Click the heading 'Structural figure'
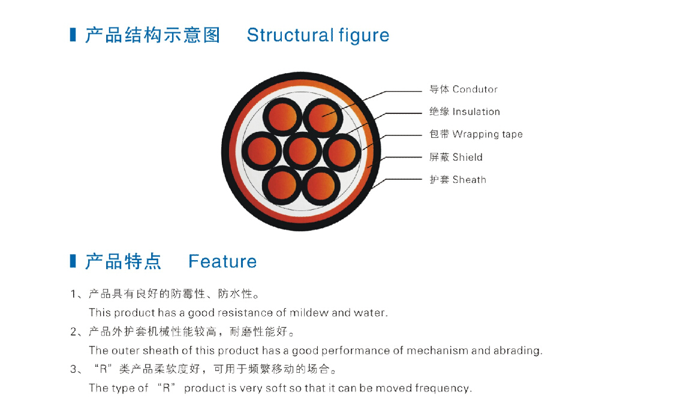318,35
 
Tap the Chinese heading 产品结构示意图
152,35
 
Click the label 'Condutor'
475,90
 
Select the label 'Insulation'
476,112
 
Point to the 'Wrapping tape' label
488,134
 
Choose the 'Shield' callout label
467,157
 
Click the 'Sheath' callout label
469,180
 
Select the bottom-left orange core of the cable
282,186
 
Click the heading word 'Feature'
222,262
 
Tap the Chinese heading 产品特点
124,262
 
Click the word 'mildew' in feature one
308,313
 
